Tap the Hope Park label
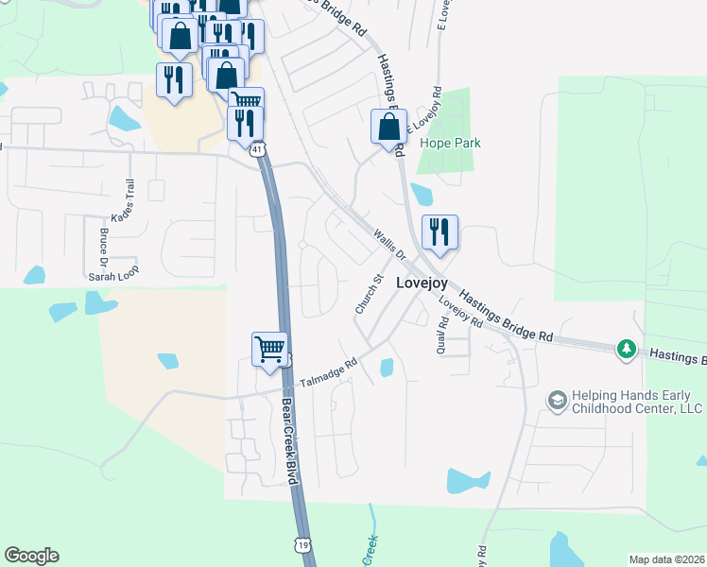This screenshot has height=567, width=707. coord(451,144)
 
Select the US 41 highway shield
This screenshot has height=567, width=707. coord(259,148)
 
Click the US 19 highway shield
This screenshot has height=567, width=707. coord(302,545)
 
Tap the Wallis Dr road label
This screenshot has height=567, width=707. coord(388,244)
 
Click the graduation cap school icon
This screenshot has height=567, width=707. coord(557,402)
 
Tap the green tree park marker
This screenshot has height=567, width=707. coord(626,350)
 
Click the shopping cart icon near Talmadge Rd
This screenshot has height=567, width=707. coord(269,349)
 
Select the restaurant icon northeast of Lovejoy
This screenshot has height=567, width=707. coord(439,232)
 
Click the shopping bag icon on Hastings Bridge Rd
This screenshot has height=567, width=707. coord(388,127)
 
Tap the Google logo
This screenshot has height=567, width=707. coord(31,556)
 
